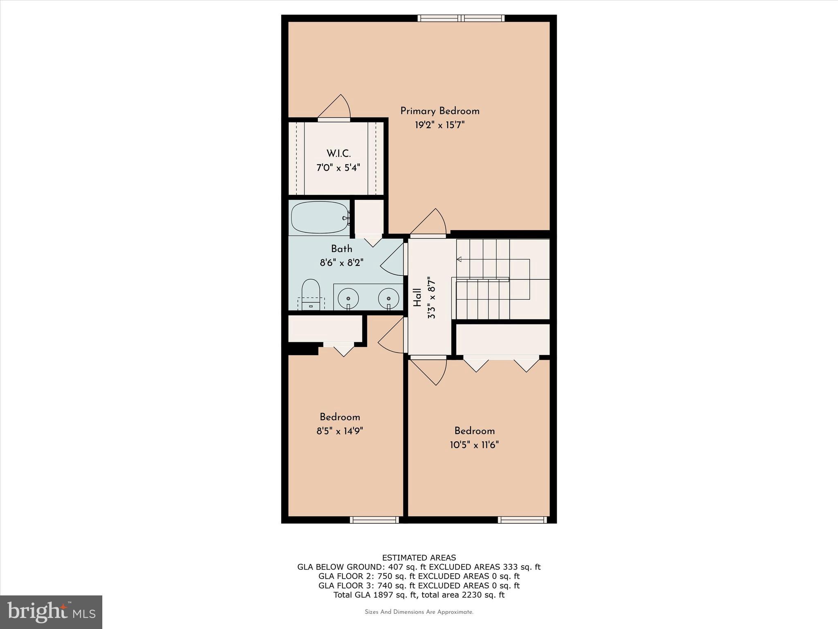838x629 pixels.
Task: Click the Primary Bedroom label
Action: tap(439, 111)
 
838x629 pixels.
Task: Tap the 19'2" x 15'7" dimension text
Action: tap(439, 125)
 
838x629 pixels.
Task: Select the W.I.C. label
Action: tap(338, 154)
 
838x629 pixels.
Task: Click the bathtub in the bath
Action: tap(320, 217)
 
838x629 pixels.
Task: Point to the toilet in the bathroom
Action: tap(311, 294)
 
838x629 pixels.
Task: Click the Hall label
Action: tap(417, 297)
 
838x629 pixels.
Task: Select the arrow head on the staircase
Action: tap(459, 259)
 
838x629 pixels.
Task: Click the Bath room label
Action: tap(341, 249)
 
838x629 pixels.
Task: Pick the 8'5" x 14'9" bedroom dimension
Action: tap(340, 431)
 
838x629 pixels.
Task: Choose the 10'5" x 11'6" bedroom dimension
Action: tap(474, 445)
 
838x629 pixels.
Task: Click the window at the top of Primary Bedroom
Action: tap(461, 18)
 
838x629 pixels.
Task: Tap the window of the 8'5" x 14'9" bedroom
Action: tap(374, 520)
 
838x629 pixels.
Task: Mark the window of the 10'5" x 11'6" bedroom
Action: tap(522, 520)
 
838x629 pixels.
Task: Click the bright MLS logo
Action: tap(51, 612)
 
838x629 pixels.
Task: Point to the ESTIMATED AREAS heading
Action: tap(419, 558)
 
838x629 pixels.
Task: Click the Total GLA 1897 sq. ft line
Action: tap(419, 595)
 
